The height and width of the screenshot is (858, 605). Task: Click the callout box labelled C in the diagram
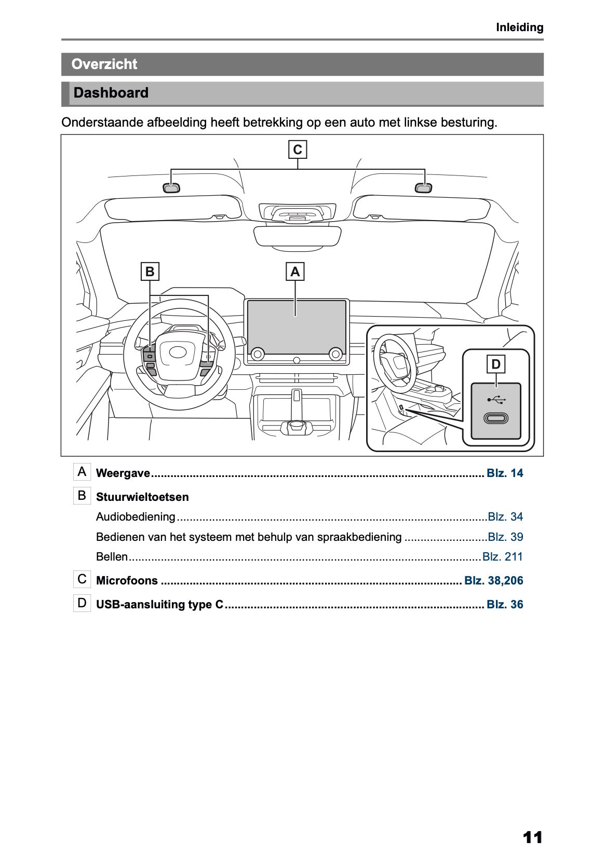click(298, 149)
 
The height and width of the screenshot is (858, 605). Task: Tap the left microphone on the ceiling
click(171, 188)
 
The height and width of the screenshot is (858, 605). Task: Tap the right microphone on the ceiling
click(424, 188)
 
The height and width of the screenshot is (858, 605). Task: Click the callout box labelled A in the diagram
click(295, 271)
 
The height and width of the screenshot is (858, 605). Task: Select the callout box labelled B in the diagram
click(150, 271)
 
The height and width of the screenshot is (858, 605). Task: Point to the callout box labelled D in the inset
click(495, 364)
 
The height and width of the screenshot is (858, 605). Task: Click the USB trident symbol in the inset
click(496, 400)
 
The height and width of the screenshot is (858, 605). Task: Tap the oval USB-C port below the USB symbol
click(495, 418)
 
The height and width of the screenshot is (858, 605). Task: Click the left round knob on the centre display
click(257, 354)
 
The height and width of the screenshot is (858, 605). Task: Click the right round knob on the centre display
click(335, 354)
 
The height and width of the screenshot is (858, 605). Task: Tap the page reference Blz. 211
click(502, 557)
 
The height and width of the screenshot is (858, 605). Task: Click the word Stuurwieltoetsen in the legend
click(142, 497)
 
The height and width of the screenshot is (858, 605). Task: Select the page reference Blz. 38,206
click(493, 581)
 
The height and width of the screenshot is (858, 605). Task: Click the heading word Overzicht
click(104, 64)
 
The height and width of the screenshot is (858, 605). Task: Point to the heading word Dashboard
click(111, 93)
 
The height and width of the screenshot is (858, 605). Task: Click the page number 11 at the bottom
click(532, 837)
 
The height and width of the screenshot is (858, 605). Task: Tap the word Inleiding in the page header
click(519, 28)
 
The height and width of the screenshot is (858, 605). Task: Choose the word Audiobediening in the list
click(136, 517)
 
